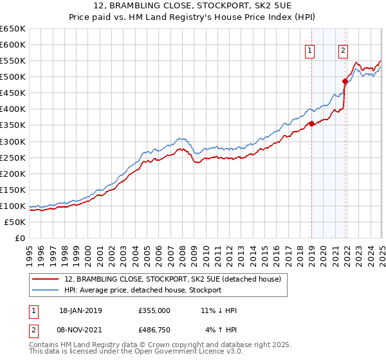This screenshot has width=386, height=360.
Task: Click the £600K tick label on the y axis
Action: click(x=13, y=44)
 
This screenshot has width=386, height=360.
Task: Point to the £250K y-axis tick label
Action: click(x=13, y=157)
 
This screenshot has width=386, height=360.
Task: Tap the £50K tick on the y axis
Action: click(x=15, y=222)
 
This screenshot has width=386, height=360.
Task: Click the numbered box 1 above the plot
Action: click(x=310, y=51)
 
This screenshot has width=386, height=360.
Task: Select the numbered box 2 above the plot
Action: click(x=344, y=51)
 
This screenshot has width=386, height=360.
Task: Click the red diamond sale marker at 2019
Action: click(x=311, y=123)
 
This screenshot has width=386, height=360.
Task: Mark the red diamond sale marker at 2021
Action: click(x=345, y=81)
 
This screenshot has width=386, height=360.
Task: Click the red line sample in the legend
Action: click(x=46, y=280)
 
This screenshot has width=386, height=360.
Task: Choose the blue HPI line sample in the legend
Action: click(x=46, y=290)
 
